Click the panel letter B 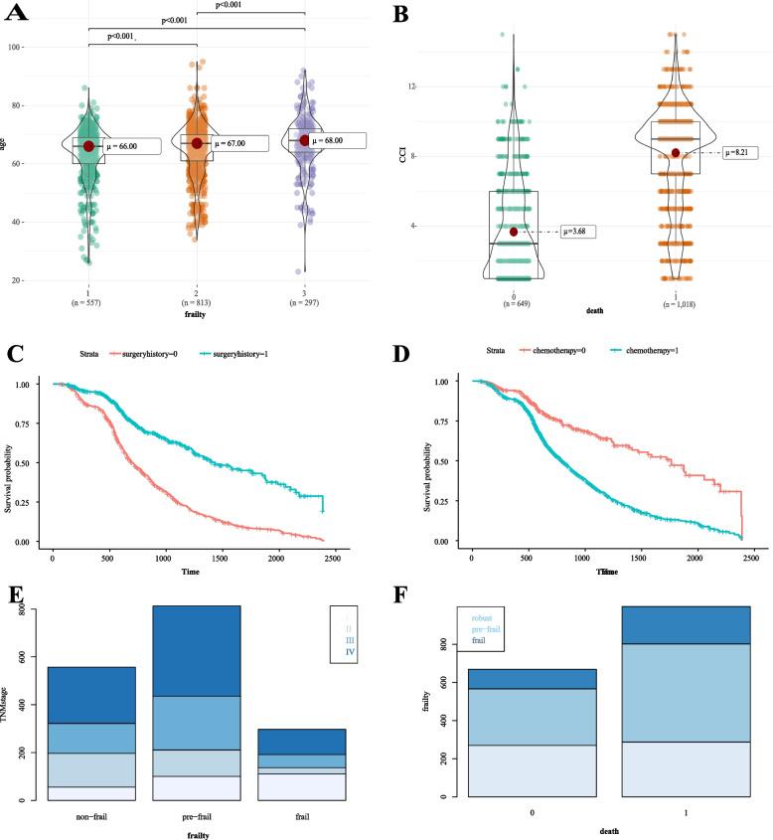coord(401,14)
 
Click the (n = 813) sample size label coord(197,300)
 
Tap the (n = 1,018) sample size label coord(676,300)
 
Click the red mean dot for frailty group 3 coord(305,140)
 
